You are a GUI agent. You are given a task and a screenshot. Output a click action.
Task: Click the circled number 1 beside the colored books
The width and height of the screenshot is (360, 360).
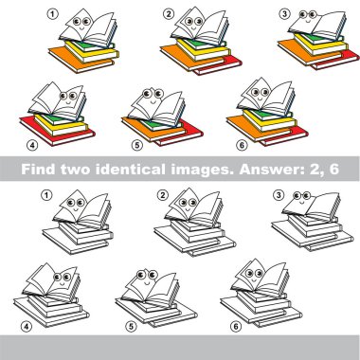[x=52, y=14]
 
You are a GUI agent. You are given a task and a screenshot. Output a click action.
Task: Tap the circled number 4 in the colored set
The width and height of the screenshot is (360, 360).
[x=32, y=145]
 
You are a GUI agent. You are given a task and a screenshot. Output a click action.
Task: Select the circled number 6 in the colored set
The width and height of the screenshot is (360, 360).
[x=242, y=145]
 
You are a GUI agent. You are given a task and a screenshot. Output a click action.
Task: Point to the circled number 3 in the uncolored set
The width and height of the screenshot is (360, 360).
[x=278, y=195]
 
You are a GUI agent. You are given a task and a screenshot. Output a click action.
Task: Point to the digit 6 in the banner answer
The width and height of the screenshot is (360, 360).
[x=333, y=170]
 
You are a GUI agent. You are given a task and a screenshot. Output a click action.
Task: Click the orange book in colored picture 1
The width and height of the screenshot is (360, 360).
[x=79, y=61]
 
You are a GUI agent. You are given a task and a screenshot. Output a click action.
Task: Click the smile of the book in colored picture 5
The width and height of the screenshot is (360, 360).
[x=153, y=101]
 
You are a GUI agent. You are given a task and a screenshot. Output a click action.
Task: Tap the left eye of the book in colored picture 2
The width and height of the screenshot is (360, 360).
[x=190, y=21]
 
